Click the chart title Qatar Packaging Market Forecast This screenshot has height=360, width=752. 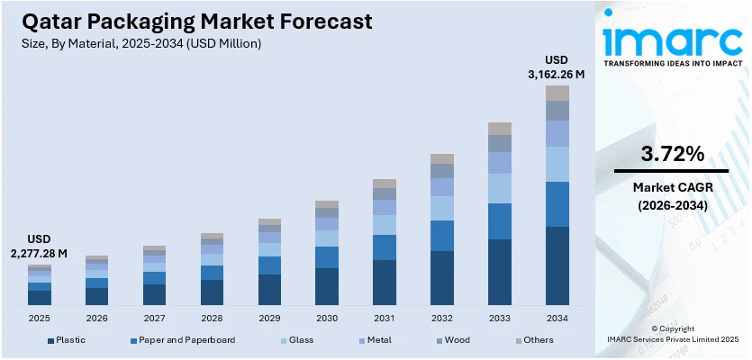tap(193, 21)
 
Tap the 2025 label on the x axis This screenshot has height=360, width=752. tap(40, 318)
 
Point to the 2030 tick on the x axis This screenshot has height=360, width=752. tap(327, 318)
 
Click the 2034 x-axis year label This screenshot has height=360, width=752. tap(557, 318)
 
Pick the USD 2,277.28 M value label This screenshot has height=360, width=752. tap(40, 247)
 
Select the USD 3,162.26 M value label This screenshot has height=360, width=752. tap(557, 68)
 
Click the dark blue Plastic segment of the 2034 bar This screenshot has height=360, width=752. tap(557, 265)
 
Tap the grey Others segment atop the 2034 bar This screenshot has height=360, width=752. tap(557, 93)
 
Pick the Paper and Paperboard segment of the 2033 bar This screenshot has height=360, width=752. tap(500, 220)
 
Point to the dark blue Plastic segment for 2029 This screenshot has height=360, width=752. tap(269, 290)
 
